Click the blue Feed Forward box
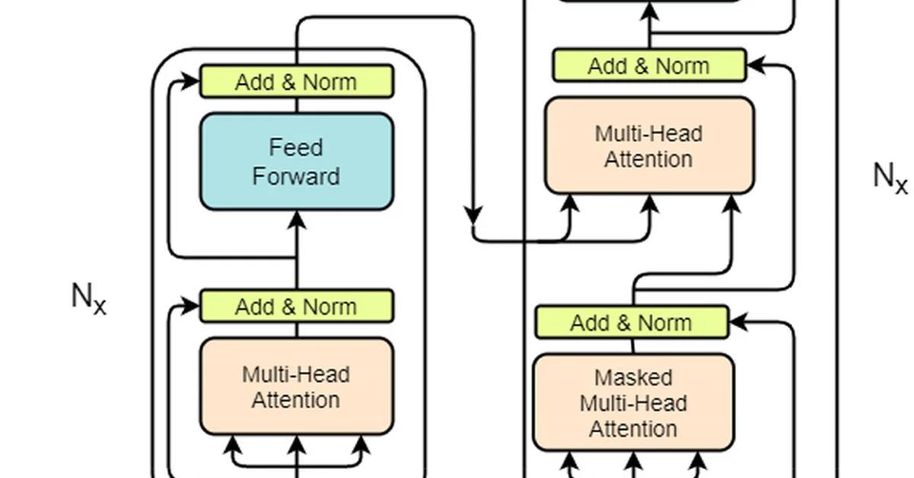296,161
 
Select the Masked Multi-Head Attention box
633,402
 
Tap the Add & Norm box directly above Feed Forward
296,81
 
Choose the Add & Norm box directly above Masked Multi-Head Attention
631,322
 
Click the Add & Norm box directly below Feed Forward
296,307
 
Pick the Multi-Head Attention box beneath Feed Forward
296,387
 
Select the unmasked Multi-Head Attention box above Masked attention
649,145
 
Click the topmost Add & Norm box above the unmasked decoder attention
649,65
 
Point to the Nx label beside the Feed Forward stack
89,298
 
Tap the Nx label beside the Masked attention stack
890,177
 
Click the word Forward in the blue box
296,177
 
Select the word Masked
633,378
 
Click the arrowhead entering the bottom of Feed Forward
297,220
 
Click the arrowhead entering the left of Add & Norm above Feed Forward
190,81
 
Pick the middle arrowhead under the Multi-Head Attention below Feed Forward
297,444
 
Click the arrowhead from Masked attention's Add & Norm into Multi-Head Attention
731,203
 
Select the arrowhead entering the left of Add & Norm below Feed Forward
190,308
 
